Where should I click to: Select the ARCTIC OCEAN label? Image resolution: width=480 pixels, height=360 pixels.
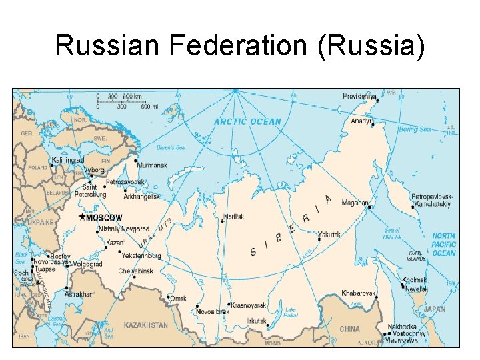(247, 122)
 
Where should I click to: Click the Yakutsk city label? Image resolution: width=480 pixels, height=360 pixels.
(329, 235)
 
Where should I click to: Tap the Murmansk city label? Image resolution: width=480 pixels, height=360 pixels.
(152, 165)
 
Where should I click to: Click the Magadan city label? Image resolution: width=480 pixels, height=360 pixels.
(356, 203)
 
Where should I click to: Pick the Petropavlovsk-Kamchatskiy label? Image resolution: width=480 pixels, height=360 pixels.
(431, 201)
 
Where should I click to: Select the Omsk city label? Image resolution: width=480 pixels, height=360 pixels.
(178, 299)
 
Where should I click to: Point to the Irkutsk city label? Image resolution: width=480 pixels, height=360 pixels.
(257, 321)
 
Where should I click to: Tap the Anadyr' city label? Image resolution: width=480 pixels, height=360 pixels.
(362, 121)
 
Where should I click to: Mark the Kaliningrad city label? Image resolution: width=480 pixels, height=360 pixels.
(68, 160)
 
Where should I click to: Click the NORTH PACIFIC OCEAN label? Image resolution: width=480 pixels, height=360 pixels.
(444, 245)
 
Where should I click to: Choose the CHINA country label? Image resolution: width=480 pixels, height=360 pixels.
(349, 329)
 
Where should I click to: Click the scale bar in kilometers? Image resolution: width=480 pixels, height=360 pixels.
(120, 97)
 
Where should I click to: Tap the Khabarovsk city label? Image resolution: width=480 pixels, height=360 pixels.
(359, 293)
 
